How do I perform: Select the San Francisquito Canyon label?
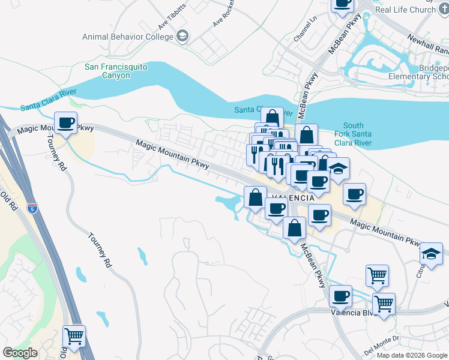click(x=116, y=71)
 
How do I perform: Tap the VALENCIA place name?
click(x=294, y=197)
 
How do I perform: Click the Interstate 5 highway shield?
click(x=32, y=209)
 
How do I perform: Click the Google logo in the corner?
click(x=20, y=353)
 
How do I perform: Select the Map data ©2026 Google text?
click(x=412, y=355)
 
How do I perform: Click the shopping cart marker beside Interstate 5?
click(x=74, y=337)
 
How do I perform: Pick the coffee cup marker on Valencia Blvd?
click(x=340, y=296)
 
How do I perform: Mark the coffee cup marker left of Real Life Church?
click(x=342, y=3)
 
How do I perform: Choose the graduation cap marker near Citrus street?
click(x=431, y=253)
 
